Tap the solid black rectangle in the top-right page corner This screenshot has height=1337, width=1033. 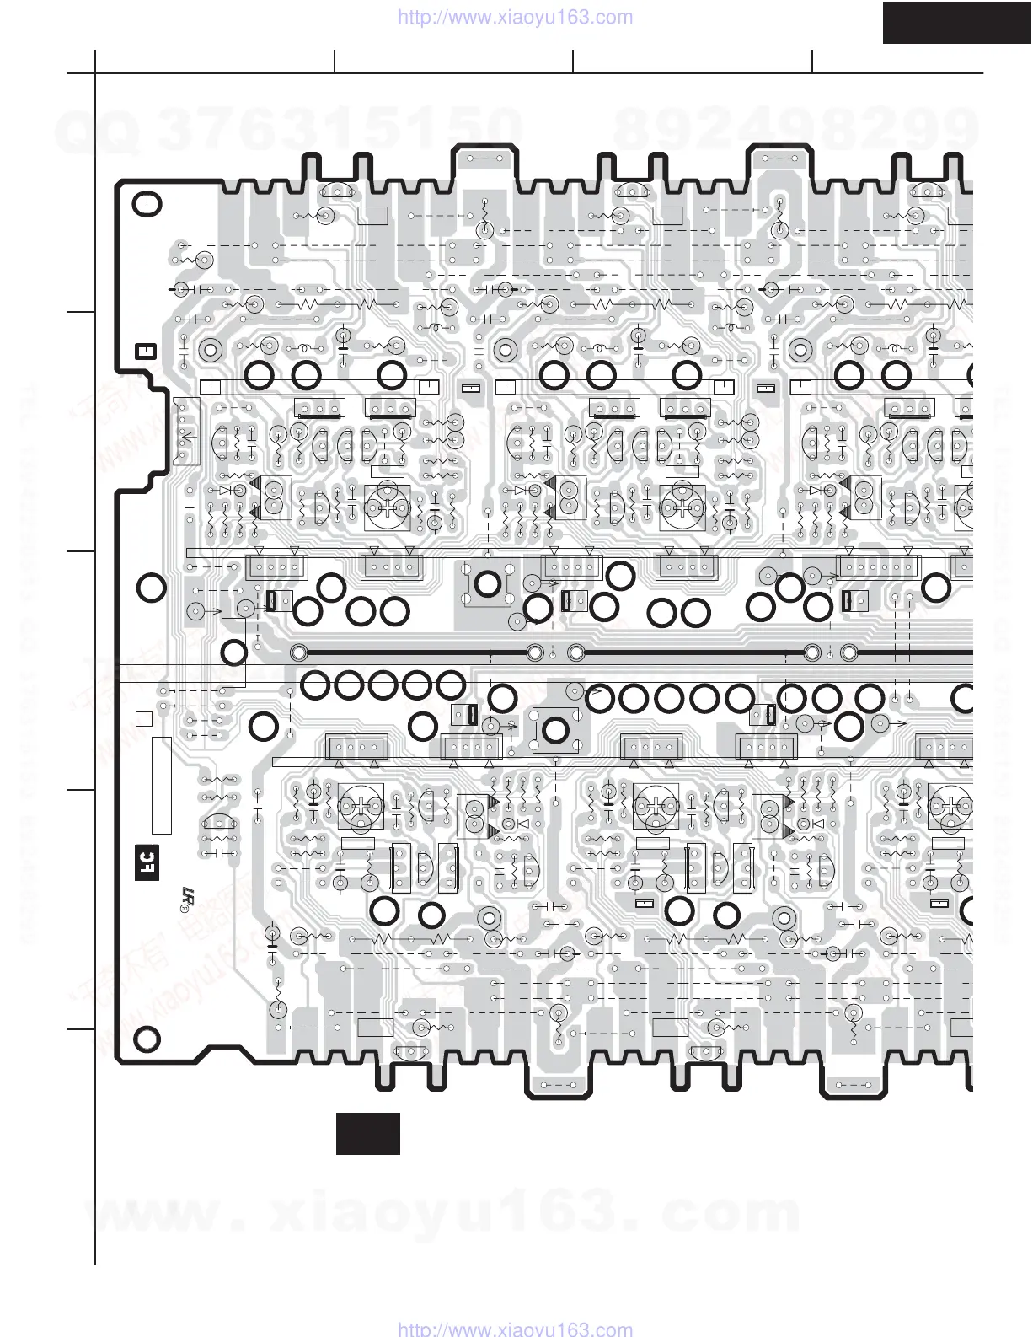[957, 22]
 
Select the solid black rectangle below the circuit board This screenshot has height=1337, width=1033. [368, 1133]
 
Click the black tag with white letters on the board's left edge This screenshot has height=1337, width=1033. [146, 862]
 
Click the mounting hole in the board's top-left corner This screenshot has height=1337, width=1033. [147, 205]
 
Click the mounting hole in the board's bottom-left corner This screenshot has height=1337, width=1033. [147, 1039]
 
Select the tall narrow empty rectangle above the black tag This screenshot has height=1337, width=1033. [161, 785]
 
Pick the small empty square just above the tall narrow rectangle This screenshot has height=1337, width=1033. [143, 719]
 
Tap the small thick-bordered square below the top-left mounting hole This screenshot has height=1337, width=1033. [145, 351]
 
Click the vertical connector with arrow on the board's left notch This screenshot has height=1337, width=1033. [184, 432]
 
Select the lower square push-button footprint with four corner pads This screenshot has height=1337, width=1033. [555, 729]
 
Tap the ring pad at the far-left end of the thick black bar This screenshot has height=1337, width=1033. [297, 652]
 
